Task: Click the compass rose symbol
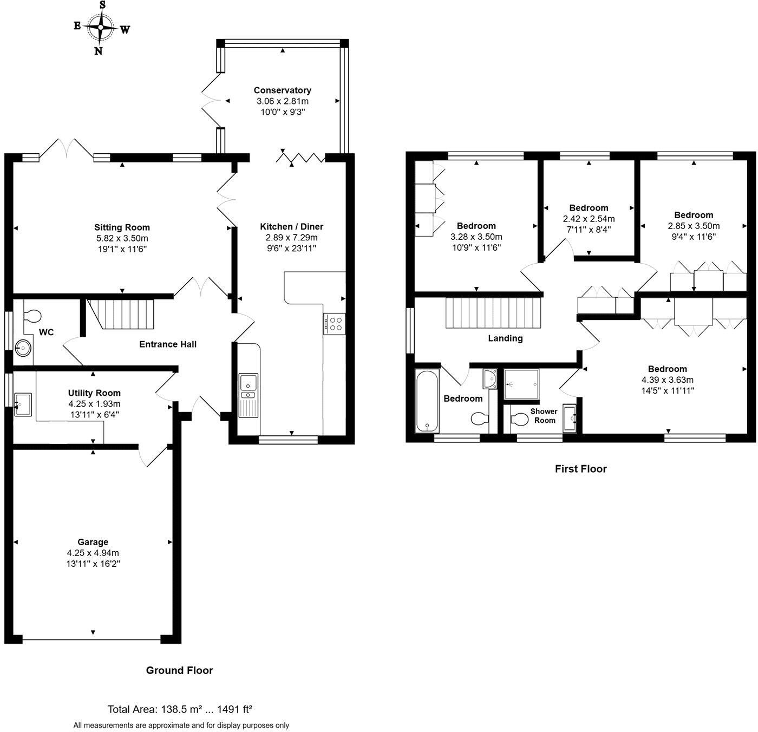tap(101, 28)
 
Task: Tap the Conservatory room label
tap(282, 90)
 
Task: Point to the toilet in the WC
tap(32, 316)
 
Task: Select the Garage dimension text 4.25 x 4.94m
tap(93, 553)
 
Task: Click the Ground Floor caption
tap(179, 670)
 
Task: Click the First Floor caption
tap(580, 469)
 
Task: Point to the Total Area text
tap(180, 709)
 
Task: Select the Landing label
tap(505, 338)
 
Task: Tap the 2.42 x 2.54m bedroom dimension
tap(589, 219)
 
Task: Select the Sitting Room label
tap(122, 227)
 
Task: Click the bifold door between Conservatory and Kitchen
tap(300, 158)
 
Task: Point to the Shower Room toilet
tap(520, 420)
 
